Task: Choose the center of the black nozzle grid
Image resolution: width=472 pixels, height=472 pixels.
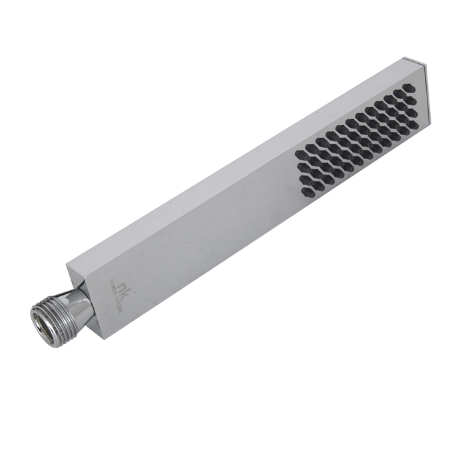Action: pos(356,140)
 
